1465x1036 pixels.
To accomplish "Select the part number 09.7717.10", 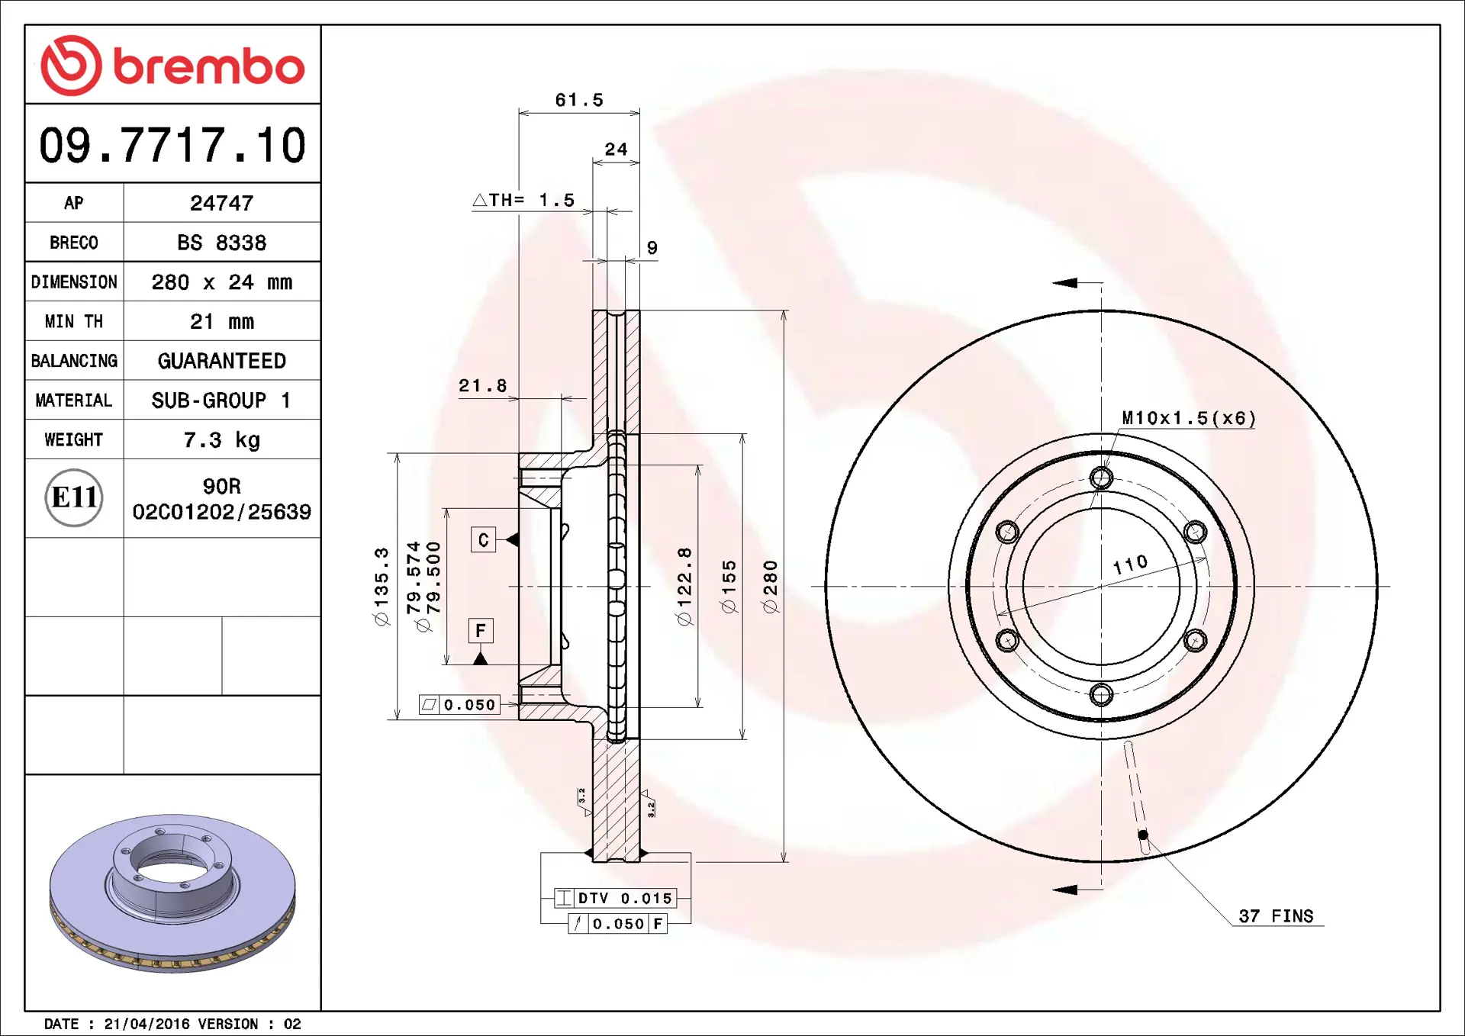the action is click(x=172, y=145).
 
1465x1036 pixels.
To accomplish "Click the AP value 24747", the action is click(x=221, y=203).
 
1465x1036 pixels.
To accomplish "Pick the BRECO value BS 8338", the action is click(x=221, y=243).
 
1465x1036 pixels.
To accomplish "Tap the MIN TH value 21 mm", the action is click(x=221, y=321).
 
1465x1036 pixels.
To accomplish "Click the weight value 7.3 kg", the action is click(x=221, y=439).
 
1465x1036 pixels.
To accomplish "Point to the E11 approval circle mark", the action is click(x=74, y=497).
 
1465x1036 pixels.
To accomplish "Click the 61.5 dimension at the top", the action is click(x=579, y=100).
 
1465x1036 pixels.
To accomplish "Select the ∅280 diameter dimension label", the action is click(x=771, y=586).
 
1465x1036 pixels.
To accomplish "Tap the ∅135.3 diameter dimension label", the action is click(x=382, y=586).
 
